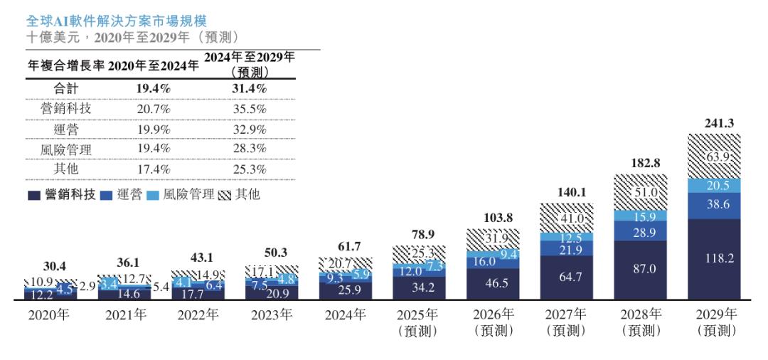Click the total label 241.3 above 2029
tap(713, 124)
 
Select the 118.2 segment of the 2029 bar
tap(713, 258)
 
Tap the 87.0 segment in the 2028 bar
tap(640, 269)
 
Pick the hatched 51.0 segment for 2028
tap(640, 192)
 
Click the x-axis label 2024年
tap(346, 315)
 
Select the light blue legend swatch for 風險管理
tap(151, 194)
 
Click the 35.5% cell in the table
tap(250, 109)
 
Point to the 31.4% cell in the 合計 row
tap(250, 89)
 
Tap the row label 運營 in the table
tap(65, 129)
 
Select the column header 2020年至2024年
tap(153, 67)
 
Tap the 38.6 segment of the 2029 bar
tap(713, 203)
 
